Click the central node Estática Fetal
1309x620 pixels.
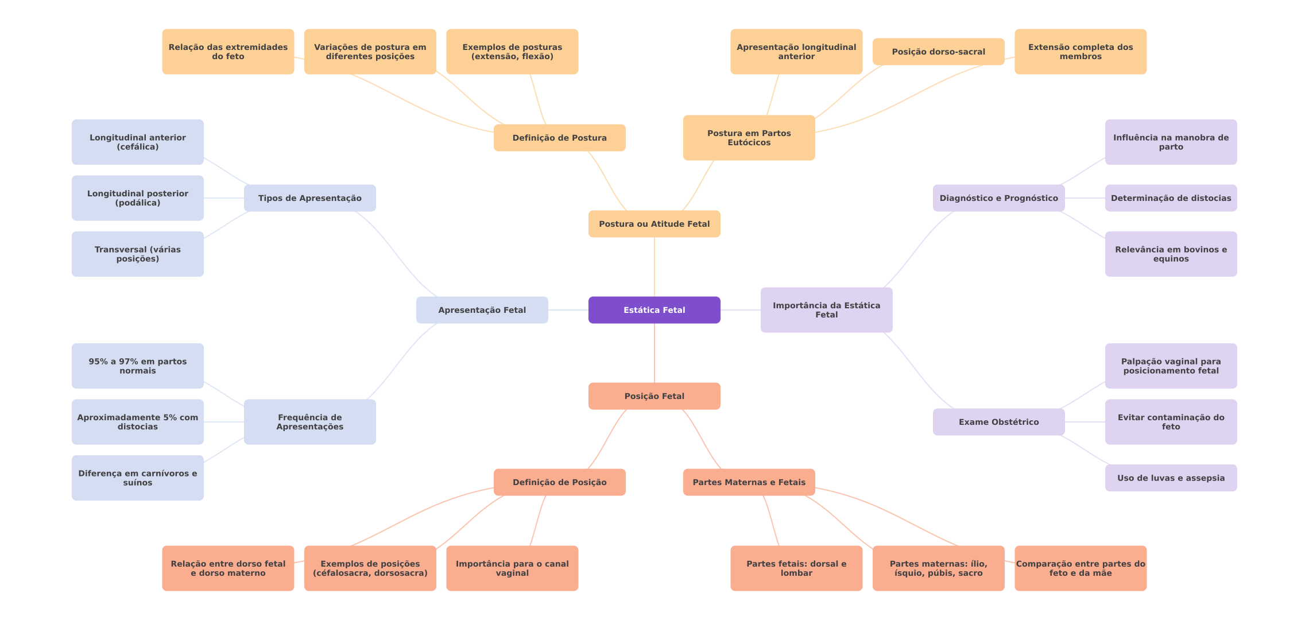pos(654,310)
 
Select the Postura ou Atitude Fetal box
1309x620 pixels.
pos(654,224)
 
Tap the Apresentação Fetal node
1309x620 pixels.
pos(482,310)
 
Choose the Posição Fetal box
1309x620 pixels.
pos(654,396)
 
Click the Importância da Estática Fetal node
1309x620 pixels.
pos(827,310)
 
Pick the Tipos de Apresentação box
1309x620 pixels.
pos(310,198)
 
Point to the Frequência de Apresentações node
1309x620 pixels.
pos(310,422)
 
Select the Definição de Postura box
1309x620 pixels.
pos(560,138)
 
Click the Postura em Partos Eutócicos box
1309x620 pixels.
pos(749,138)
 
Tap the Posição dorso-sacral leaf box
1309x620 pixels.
pos(939,52)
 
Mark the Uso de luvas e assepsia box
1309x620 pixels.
pos(1171,478)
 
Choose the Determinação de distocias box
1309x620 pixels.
pos(1171,198)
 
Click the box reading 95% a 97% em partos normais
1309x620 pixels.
pos(138,366)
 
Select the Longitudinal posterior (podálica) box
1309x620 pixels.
pos(138,198)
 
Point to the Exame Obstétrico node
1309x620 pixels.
pos(999,422)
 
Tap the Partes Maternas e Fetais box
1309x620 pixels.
pos(749,482)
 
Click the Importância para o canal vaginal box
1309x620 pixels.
pos(512,568)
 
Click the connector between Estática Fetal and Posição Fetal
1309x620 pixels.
pos(654,353)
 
